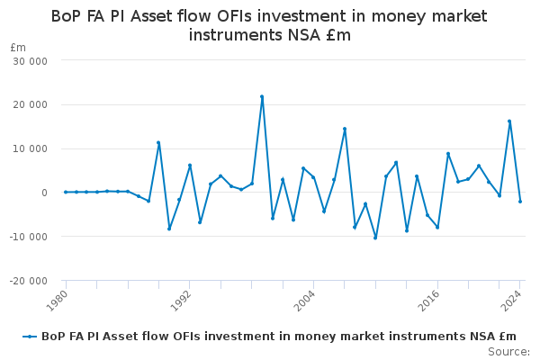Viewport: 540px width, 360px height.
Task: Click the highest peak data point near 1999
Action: click(x=262, y=97)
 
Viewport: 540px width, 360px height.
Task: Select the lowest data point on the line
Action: click(x=375, y=238)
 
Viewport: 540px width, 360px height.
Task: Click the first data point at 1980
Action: click(x=66, y=192)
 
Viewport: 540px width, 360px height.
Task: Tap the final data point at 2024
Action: click(x=520, y=202)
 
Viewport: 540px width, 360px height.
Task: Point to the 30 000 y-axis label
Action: click(x=31, y=61)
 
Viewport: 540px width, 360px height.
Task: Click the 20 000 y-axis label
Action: click(x=31, y=104)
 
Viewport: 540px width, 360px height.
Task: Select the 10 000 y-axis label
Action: click(x=31, y=148)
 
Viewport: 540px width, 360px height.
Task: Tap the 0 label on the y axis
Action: click(x=44, y=193)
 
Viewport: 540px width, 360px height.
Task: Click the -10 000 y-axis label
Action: click(x=29, y=237)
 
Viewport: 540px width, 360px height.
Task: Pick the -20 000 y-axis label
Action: click(x=29, y=281)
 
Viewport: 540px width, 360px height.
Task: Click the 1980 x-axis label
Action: click(x=57, y=301)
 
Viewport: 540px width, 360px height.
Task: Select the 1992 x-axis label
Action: click(x=181, y=301)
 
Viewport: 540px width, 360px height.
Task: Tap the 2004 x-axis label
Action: click(x=304, y=301)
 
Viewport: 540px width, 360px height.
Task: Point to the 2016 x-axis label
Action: click(x=428, y=301)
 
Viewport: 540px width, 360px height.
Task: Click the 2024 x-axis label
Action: click(x=511, y=301)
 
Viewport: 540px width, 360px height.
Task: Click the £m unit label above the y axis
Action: click(x=18, y=48)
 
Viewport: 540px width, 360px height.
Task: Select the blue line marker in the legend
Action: click(x=30, y=337)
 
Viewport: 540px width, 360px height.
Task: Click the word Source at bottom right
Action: click(x=508, y=352)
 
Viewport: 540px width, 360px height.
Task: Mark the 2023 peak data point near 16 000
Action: click(x=509, y=121)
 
